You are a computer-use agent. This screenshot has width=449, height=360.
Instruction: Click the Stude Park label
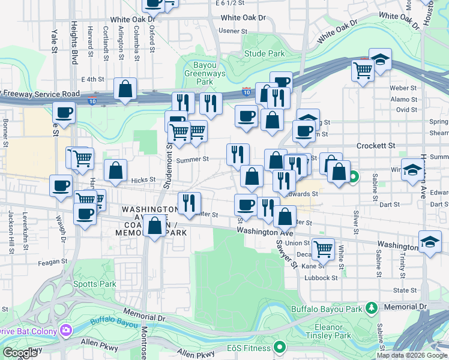pos(265,53)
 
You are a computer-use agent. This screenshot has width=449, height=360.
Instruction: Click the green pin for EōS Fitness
pos(279,347)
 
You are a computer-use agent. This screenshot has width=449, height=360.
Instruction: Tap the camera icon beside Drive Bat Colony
pos(65,330)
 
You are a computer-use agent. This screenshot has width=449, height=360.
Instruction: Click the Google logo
pos(20,353)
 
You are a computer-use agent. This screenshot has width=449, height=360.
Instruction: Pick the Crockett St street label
pos(376,146)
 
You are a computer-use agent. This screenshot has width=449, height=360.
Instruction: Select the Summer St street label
pos(193,159)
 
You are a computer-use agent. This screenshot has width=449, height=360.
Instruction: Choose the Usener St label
pos(233,31)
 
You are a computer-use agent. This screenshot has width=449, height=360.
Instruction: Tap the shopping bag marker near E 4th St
pos(125,89)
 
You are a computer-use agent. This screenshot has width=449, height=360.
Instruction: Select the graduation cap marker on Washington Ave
pos(430,242)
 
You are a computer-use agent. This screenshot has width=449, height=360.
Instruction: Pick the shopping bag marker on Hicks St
pos(115,170)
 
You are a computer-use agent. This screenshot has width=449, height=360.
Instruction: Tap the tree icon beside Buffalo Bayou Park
pos(371,308)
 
